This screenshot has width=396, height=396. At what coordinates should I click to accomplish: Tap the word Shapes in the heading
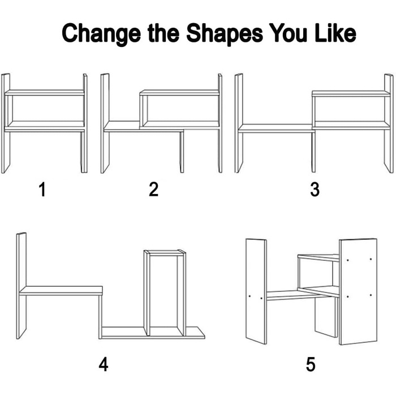(x=225, y=34)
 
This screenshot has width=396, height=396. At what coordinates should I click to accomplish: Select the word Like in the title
(x=335, y=33)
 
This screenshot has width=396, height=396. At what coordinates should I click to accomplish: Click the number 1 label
(x=42, y=190)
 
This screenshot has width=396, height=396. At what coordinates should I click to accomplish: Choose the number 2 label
(x=153, y=190)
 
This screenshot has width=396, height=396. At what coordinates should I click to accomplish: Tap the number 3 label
(x=315, y=190)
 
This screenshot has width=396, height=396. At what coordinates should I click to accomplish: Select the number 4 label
(x=104, y=364)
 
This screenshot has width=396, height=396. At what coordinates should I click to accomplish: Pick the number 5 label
(x=311, y=364)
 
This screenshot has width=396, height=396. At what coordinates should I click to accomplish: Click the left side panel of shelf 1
(x=6, y=123)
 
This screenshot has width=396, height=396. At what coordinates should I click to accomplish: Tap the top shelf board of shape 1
(x=45, y=92)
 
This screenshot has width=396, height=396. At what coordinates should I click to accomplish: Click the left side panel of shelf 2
(x=105, y=123)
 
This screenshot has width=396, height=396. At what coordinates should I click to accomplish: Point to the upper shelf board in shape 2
(x=179, y=92)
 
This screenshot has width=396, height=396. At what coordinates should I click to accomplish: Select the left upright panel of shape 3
(x=239, y=123)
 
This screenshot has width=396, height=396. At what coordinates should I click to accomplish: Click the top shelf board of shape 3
(x=351, y=93)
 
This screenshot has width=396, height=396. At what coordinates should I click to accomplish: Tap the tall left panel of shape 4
(x=21, y=286)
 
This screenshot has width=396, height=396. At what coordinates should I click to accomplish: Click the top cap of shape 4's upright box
(x=165, y=252)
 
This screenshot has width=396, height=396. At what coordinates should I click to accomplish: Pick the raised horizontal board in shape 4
(x=61, y=291)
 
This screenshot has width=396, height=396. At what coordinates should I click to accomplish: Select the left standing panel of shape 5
(x=256, y=291)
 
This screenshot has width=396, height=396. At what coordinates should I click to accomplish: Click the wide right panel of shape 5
(x=358, y=292)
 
